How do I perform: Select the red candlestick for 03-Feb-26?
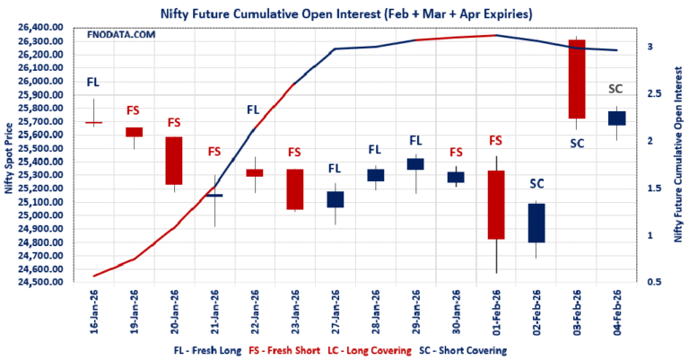(577, 79)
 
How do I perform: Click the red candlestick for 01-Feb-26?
(495, 205)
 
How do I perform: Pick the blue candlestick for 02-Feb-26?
(536, 223)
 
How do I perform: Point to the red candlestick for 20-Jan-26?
(173, 161)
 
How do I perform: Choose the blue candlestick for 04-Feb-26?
(617, 118)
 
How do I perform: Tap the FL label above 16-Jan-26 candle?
(93, 83)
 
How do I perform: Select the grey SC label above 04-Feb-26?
(617, 88)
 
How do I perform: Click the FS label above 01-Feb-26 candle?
(495, 141)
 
